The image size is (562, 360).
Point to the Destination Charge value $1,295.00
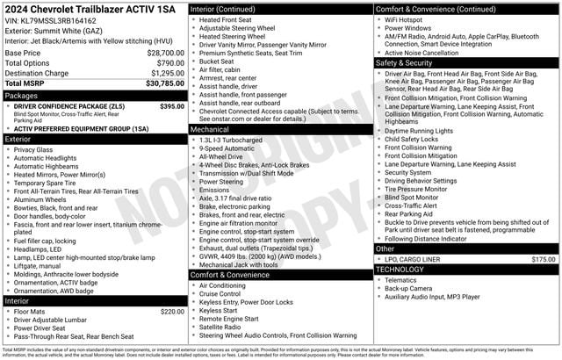pyautogui.click(x=162, y=74)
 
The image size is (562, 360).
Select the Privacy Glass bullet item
pyautogui.click(x=33, y=149)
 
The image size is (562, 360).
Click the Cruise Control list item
pyautogui.click(x=222, y=293)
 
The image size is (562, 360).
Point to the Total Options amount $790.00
pyautogui.click(x=165, y=63)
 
